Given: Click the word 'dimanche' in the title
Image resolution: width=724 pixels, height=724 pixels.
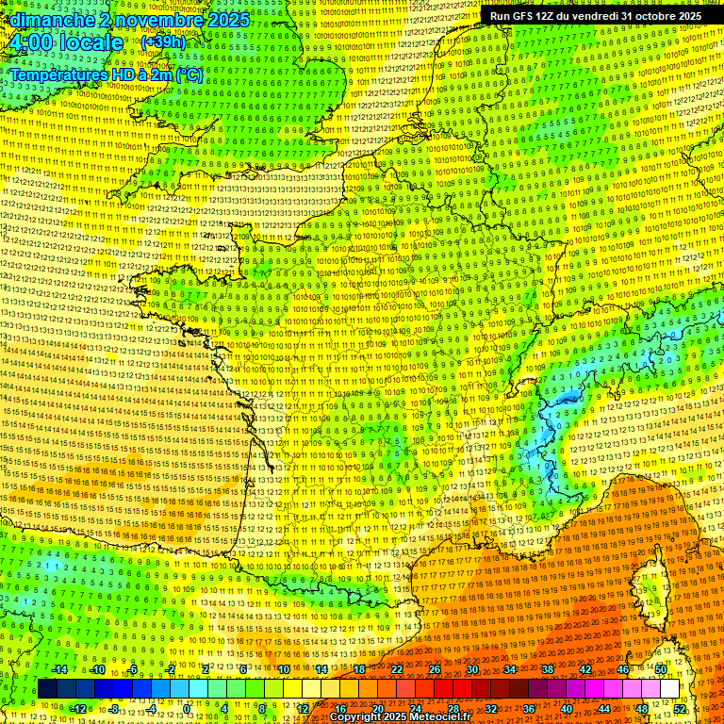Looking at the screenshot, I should pyautogui.click(x=46, y=20).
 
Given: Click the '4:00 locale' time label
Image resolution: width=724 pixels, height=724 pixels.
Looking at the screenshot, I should pyautogui.click(x=64, y=42).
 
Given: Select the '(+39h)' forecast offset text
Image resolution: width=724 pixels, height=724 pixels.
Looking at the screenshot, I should pyautogui.click(x=164, y=42).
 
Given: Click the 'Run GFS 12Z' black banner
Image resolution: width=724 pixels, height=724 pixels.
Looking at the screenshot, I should pyautogui.click(x=594, y=16).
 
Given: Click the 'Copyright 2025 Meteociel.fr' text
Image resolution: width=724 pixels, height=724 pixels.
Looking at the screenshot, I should pyautogui.click(x=399, y=716).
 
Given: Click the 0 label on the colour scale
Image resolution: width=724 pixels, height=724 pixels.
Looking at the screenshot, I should pyautogui.click(x=187, y=708).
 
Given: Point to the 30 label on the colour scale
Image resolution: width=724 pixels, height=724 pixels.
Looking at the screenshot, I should pyautogui.click(x=471, y=669).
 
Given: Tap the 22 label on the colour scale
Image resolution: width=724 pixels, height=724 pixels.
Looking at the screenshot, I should pyautogui.click(x=397, y=669).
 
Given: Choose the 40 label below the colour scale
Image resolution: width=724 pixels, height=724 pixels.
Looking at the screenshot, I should pyautogui.click(x=568, y=708).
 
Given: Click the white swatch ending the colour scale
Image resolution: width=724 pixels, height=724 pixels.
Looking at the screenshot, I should pyautogui.click(x=669, y=688).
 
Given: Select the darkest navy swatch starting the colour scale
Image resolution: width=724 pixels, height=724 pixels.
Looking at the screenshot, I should pyautogui.click(x=47, y=688).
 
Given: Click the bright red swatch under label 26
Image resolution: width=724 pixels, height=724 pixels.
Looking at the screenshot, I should pyautogui.click(x=435, y=688).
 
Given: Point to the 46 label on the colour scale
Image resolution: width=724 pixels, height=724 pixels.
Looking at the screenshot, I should pyautogui.click(x=623, y=669).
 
